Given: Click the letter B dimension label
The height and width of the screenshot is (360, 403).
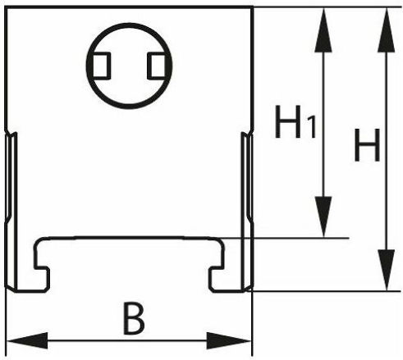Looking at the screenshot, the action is click(134, 319).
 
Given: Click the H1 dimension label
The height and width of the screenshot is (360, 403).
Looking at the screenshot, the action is click(295, 121).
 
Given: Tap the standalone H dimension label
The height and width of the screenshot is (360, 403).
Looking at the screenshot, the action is click(367, 145).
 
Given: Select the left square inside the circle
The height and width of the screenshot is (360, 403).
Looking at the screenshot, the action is click(102, 66).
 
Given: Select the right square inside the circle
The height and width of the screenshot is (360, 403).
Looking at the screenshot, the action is click(156, 66).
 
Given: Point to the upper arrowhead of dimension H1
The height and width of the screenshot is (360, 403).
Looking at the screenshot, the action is click(323, 30).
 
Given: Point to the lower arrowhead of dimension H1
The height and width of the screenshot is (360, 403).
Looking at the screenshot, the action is click(323, 216).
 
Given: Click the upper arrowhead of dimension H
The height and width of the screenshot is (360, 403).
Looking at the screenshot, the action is click(387, 30).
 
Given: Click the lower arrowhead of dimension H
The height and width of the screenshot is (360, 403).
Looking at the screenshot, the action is click(387, 270).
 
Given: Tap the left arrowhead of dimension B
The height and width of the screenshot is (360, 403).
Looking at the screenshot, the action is click(27, 340).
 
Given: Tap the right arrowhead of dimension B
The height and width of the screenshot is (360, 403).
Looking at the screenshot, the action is click(229, 340).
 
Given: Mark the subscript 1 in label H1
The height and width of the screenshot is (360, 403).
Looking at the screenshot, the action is click(312, 127).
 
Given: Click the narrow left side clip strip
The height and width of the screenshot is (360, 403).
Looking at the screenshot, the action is click(11, 212).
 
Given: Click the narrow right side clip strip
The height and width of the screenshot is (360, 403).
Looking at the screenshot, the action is click(247, 212).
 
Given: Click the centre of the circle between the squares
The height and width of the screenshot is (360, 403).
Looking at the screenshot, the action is click(129, 66).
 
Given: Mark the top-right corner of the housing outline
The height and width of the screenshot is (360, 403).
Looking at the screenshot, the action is click(252, 7).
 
